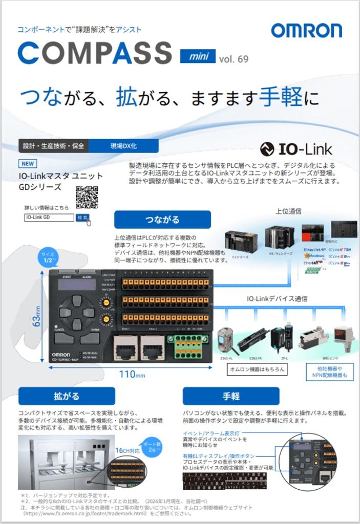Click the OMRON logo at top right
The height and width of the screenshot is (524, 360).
306,31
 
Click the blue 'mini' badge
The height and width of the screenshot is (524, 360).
197,56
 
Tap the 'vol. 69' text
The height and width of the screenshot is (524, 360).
234,58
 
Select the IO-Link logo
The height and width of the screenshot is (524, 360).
296,149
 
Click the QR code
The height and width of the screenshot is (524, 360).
87,198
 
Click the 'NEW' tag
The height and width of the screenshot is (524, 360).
28,164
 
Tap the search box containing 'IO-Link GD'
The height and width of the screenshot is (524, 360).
49,217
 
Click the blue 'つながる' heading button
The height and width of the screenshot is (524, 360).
162,220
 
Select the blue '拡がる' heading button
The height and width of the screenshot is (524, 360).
67,396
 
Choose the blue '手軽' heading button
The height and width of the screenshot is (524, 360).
231,396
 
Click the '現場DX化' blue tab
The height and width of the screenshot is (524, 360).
123,146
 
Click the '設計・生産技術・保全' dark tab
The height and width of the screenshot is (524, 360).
53,146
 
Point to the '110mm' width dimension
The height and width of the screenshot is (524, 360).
133,374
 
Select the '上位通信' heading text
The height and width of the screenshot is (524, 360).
288,211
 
